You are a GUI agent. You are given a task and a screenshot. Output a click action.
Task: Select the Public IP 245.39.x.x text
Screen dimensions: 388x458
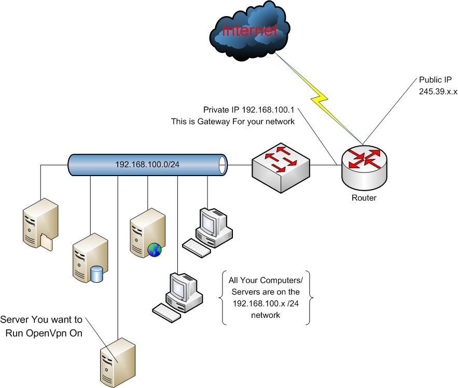coord(437,86)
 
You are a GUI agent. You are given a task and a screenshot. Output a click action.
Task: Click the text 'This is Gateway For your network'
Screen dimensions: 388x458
coord(234,122)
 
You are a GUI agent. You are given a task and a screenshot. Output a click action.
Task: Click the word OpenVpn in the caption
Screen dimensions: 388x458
coord(61,333)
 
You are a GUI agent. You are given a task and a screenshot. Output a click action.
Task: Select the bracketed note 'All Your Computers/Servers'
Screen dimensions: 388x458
coord(266,297)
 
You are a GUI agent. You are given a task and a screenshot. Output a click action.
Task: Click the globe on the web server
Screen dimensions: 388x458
coord(154,249)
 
